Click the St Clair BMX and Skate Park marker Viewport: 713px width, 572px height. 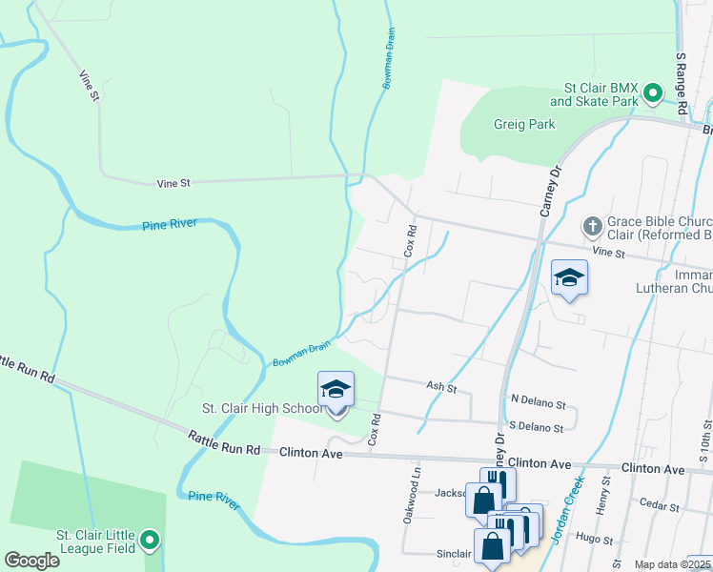click(653, 93)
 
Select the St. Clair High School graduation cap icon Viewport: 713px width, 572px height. click(336, 389)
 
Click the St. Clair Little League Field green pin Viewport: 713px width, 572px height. click(150, 541)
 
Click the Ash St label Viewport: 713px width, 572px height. click(442, 388)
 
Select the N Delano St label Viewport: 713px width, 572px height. click(538, 403)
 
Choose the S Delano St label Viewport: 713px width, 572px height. click(537, 427)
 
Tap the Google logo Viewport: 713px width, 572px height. click(31, 561)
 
